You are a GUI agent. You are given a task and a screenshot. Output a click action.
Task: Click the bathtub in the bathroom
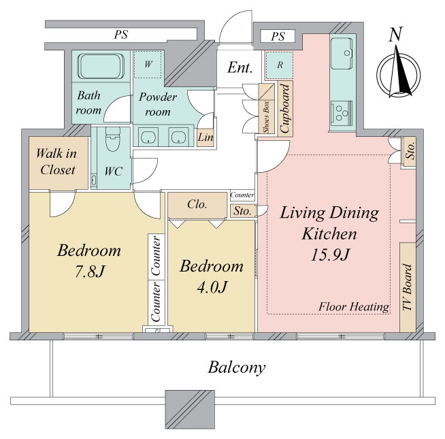point(101,66)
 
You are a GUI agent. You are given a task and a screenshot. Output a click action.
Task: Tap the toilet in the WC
point(112,139)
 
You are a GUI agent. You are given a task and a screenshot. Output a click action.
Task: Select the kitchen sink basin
point(342,53)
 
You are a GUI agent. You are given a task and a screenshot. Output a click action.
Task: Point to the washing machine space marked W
point(148,65)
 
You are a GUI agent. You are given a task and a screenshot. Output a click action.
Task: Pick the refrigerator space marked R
point(280,65)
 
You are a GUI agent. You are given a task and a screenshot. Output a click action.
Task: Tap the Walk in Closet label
point(57,161)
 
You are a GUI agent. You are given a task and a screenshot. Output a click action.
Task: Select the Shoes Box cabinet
point(267,108)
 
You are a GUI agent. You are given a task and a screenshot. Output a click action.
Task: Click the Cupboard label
point(285,108)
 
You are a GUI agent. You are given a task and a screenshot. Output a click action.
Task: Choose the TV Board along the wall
point(408,287)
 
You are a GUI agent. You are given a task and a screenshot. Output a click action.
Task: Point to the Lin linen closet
point(205,137)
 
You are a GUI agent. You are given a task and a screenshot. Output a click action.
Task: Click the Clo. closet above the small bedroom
point(197,205)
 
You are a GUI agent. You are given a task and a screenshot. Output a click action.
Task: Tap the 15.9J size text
point(330,255)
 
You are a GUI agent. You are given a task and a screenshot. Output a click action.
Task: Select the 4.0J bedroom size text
point(212,287)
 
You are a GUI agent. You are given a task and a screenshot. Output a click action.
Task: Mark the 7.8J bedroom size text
point(89,272)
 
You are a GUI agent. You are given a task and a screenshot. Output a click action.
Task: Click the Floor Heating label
point(354,307)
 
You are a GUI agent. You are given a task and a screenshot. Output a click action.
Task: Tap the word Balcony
point(237,368)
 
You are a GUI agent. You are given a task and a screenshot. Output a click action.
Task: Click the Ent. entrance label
point(240,67)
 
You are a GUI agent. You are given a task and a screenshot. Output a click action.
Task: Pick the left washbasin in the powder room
point(148,136)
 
